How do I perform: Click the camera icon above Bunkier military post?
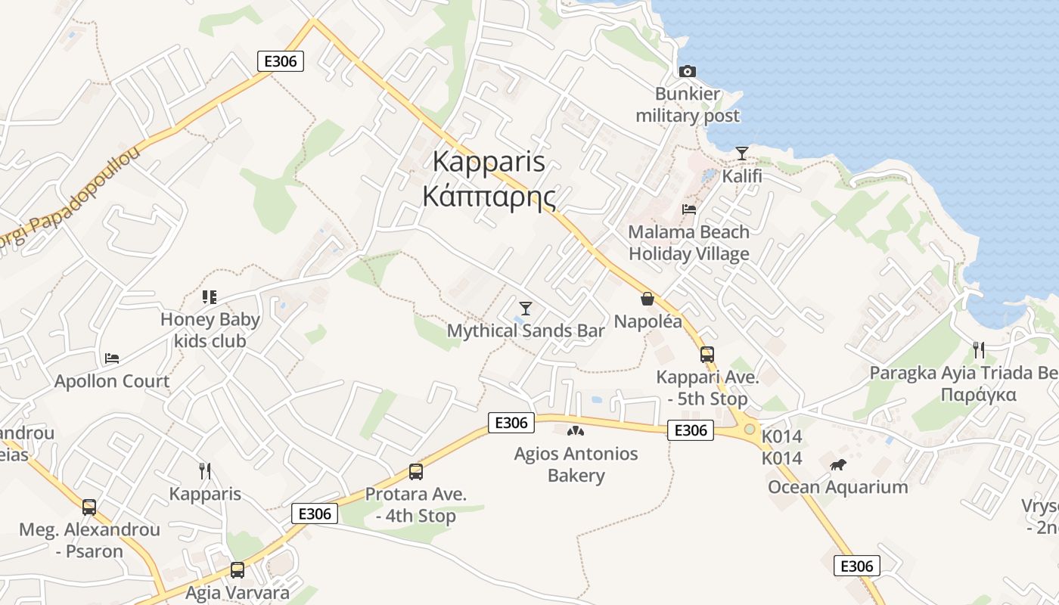click(x=687, y=71)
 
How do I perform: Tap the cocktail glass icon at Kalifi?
click(x=741, y=154)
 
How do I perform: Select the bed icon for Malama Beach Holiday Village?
click(x=688, y=209)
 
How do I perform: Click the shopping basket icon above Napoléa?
click(x=647, y=299)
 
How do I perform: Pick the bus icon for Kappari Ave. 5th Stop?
click(x=707, y=354)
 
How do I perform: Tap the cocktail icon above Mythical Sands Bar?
click(x=526, y=308)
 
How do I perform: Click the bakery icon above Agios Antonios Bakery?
click(x=576, y=431)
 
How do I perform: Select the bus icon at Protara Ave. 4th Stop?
click(x=415, y=472)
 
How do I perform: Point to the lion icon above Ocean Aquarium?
click(x=837, y=464)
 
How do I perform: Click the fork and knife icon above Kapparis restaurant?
click(x=204, y=471)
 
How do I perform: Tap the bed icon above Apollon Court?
click(x=112, y=358)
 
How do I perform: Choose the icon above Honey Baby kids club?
click(x=210, y=297)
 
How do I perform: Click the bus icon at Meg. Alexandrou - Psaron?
click(x=89, y=507)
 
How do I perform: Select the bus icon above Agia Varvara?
click(x=237, y=569)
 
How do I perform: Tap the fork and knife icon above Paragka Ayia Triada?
click(x=978, y=349)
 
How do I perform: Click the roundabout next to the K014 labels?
click(x=749, y=429)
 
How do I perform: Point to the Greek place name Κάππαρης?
click(x=489, y=197)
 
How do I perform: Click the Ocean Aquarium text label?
click(x=837, y=486)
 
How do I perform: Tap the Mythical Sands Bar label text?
click(x=526, y=331)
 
